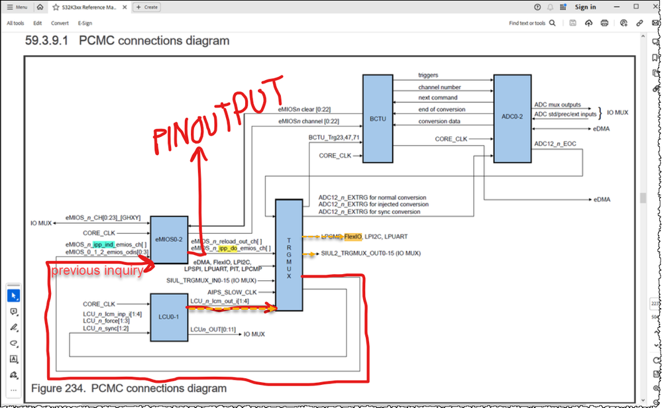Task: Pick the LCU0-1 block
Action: coord(169,319)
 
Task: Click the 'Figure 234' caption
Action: coord(129,388)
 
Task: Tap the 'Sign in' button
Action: coord(585,7)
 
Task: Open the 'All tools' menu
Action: coord(16,23)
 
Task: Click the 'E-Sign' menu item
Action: coord(85,23)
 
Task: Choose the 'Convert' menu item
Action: coord(60,23)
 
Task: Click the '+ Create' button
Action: coord(147,7)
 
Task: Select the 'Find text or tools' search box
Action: coord(527,23)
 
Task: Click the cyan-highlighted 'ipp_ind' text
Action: coord(105,245)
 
